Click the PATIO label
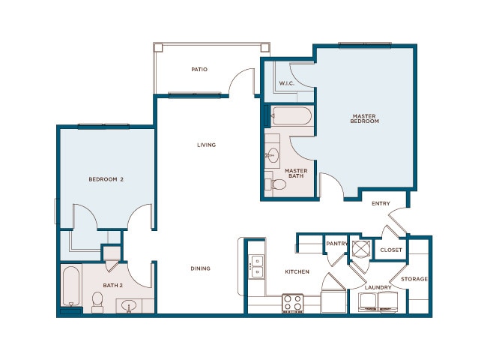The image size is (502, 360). click(x=199, y=70)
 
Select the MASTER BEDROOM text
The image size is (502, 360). click(x=365, y=118)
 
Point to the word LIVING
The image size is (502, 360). click(x=206, y=145)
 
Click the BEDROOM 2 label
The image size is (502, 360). click(x=106, y=178)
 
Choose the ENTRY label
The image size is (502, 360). click(x=381, y=203)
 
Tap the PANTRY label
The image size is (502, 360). click(x=335, y=244)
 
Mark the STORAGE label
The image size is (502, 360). click(x=414, y=279)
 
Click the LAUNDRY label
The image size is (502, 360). click(x=378, y=287)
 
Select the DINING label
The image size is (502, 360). click(x=199, y=268)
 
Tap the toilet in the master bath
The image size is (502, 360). click(x=276, y=184)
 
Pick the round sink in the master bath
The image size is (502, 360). click(x=273, y=155)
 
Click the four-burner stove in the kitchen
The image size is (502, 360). click(x=292, y=303)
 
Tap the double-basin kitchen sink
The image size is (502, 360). click(x=257, y=265)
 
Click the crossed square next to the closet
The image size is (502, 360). click(x=362, y=248)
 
